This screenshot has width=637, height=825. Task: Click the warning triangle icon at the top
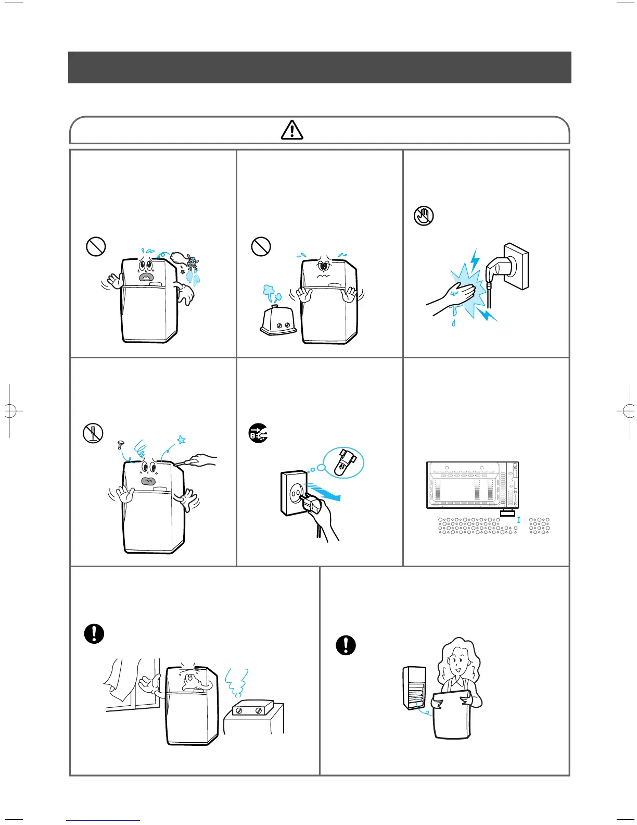coord(292,130)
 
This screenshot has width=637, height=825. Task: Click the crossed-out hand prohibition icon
coord(424,215)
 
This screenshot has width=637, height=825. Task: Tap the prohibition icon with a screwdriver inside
coord(93,433)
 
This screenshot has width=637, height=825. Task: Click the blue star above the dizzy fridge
coord(181,440)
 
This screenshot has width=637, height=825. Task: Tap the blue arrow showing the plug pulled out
coord(325,492)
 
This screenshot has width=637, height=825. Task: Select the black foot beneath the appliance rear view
coord(506,514)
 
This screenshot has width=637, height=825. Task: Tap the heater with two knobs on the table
coord(252,709)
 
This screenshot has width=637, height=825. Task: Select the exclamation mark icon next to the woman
coord(346,645)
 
